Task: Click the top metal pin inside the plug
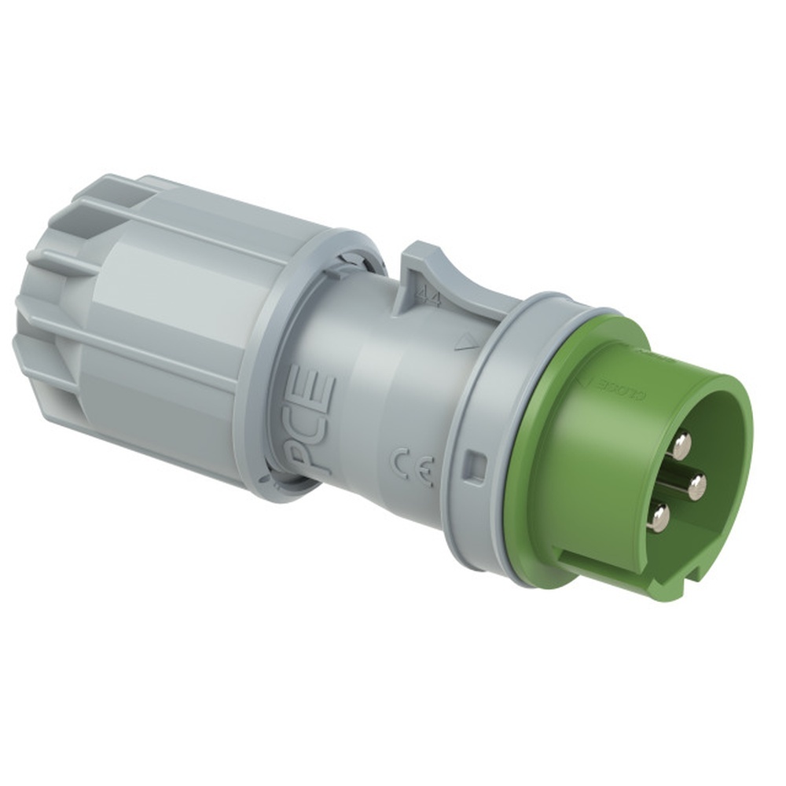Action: (681, 445)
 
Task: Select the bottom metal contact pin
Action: (659, 516)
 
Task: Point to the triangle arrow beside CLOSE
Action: (582, 380)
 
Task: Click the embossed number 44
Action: (428, 297)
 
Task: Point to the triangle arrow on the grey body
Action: (467, 341)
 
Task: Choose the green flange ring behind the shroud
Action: (534, 464)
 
